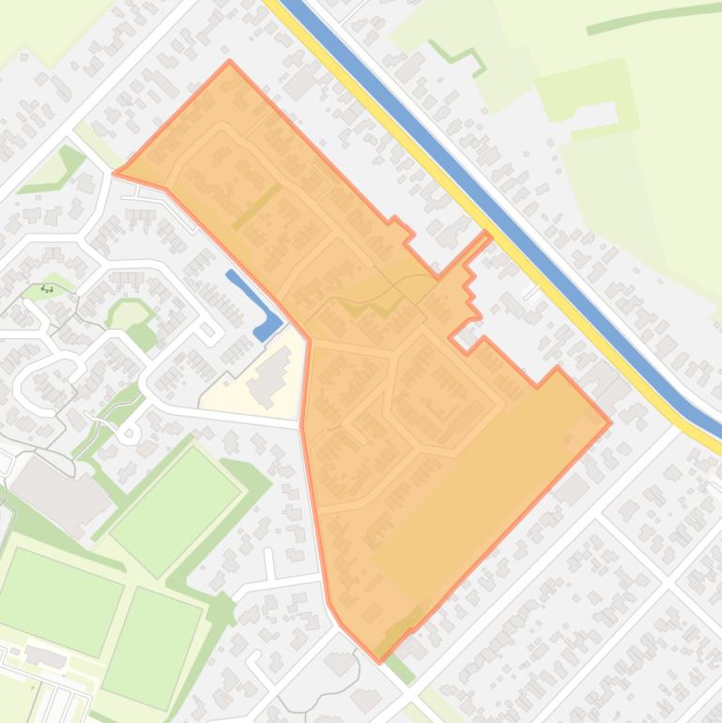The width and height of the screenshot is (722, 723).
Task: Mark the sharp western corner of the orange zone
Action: click(115, 172)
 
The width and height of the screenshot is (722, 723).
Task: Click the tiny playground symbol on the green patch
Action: click(46, 289)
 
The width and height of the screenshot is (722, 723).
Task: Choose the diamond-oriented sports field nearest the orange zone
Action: click(176, 497)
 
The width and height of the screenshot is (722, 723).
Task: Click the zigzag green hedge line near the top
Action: click(458, 56)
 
